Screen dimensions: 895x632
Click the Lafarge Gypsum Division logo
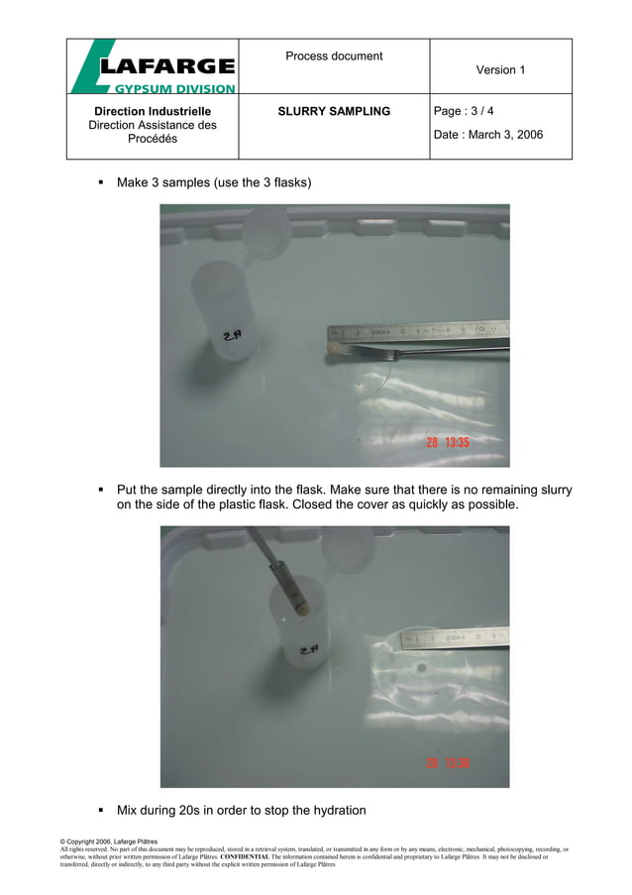(x=153, y=67)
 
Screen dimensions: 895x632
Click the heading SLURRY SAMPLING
(x=334, y=112)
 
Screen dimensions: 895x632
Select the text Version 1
(x=500, y=70)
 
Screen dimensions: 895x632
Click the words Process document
(x=334, y=56)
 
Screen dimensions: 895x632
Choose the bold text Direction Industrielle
(x=153, y=112)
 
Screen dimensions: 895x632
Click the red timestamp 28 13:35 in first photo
(x=448, y=443)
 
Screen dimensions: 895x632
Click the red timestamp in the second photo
(x=448, y=763)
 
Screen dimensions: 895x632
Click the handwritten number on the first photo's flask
(x=234, y=337)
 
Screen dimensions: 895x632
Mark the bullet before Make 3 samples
(x=101, y=183)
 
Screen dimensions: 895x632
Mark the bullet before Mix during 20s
(x=101, y=810)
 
